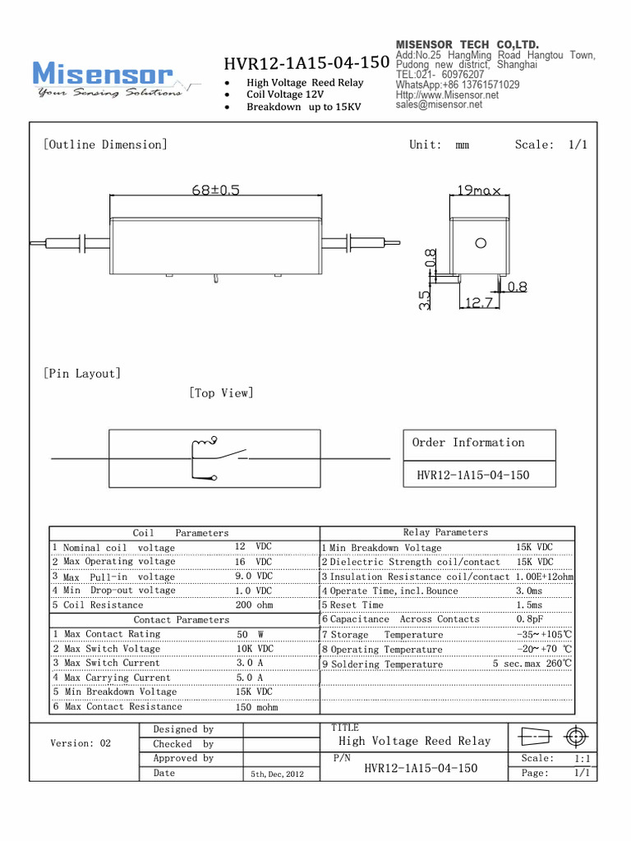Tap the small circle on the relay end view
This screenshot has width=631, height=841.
tap(480, 242)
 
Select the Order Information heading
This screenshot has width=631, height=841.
tap(467, 443)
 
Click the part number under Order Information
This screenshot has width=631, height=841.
tap(472, 475)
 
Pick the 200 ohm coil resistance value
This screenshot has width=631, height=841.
tap(255, 604)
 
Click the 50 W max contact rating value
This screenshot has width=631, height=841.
tap(249, 634)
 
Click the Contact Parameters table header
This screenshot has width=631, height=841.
tap(182, 619)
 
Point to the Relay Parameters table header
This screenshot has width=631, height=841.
tap(445, 532)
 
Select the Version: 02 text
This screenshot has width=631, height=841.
tap(81, 743)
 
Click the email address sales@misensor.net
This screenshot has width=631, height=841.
tap(439, 105)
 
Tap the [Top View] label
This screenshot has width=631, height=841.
tap(221, 393)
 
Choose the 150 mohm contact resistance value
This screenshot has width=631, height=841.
tap(256, 707)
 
